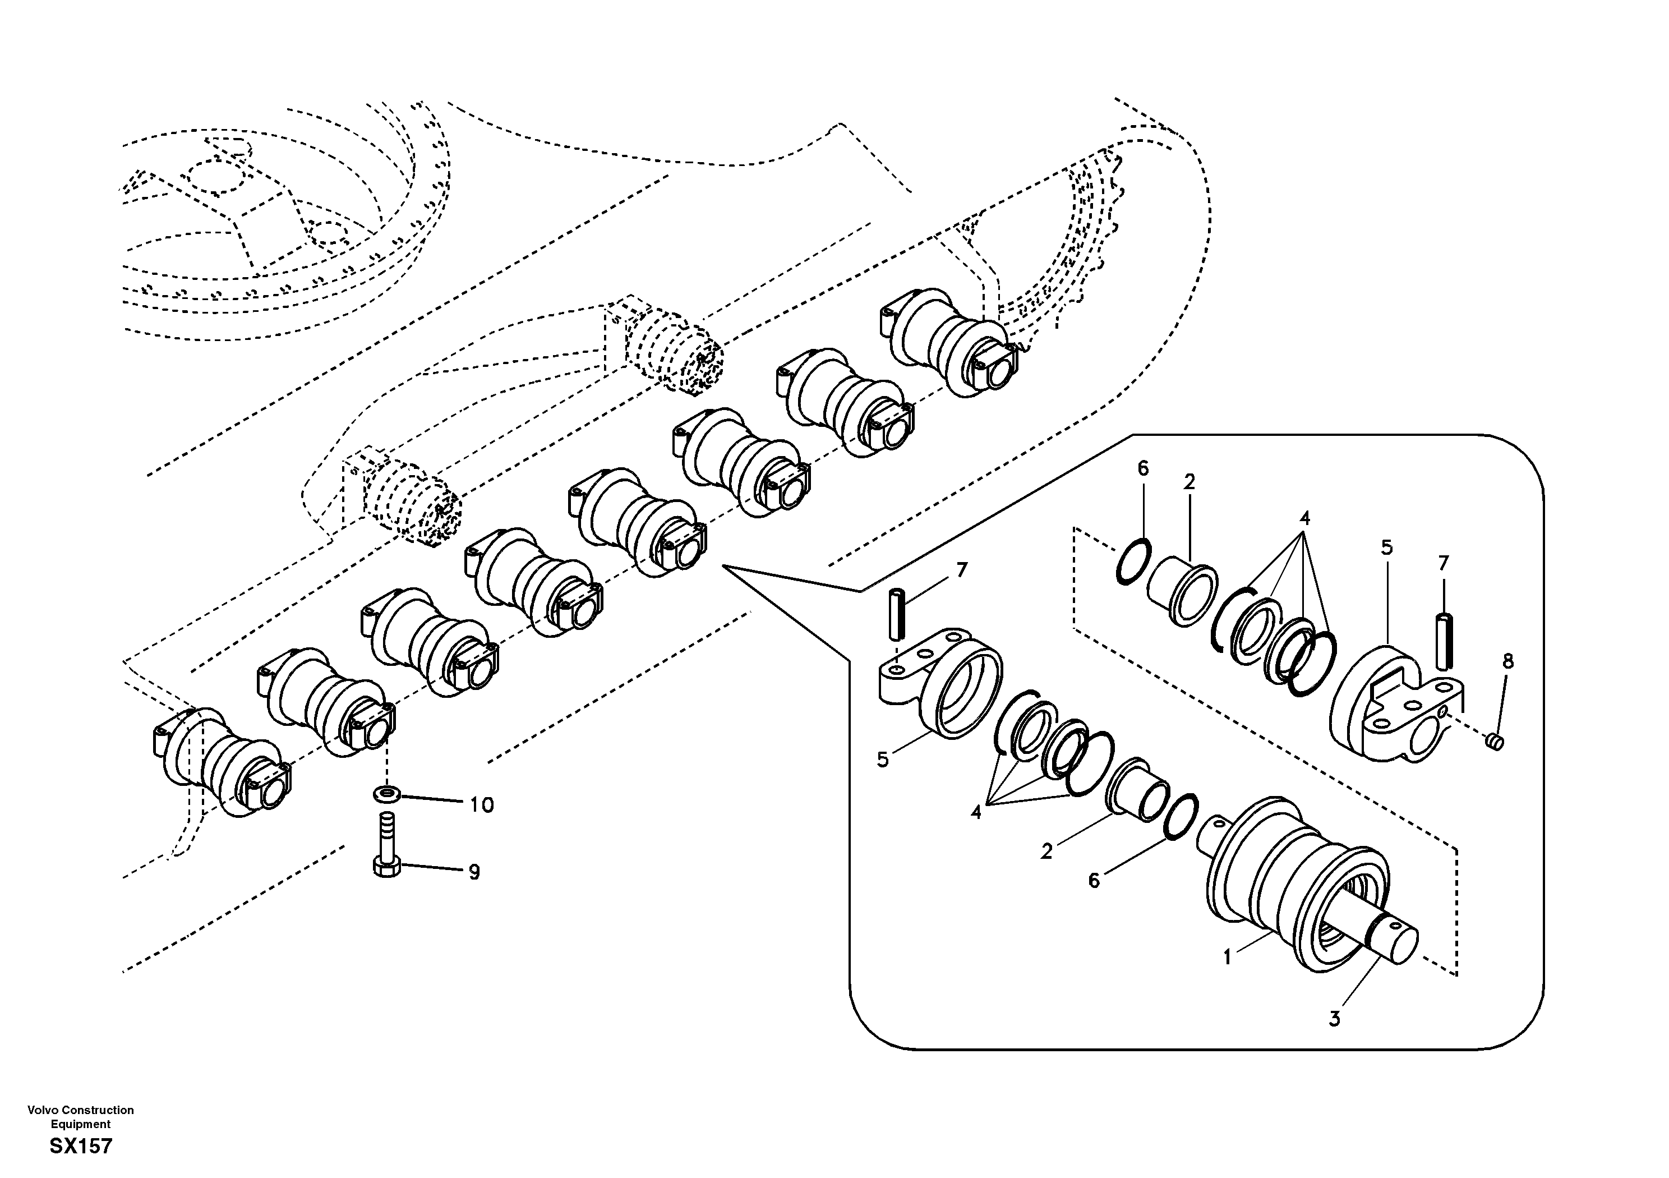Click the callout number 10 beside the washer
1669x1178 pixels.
click(x=481, y=805)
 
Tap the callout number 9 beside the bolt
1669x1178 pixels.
click(x=474, y=872)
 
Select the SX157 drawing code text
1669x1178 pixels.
click(x=81, y=1147)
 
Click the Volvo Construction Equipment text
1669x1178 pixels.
click(x=81, y=1117)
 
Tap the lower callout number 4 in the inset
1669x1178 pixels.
click(x=975, y=812)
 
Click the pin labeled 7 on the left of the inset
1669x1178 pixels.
click(x=898, y=615)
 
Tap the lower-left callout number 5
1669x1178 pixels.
click(x=883, y=760)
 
